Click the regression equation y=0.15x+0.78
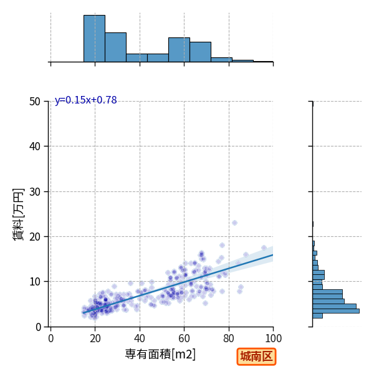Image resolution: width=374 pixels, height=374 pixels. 86,100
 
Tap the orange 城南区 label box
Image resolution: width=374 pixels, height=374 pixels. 256,357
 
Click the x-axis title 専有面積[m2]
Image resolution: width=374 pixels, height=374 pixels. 160,354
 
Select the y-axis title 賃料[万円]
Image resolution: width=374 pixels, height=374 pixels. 19,214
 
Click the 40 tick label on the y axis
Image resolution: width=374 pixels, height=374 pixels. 35,146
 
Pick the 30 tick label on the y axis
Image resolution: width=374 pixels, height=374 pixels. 35,192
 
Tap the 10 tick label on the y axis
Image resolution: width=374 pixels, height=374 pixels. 35,282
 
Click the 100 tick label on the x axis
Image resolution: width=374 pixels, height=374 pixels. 274,338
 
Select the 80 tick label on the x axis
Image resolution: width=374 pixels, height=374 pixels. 229,338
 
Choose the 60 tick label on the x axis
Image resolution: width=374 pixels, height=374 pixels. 184,338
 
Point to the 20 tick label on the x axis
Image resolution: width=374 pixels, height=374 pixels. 95,338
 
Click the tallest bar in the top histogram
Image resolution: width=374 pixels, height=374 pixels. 95,39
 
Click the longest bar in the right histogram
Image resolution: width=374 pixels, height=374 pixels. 336,311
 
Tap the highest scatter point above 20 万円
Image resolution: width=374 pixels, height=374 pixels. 235,223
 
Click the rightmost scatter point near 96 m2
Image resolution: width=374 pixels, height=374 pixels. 264,248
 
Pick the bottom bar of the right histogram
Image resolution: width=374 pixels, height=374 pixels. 317,316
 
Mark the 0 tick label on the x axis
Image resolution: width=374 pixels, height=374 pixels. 51,338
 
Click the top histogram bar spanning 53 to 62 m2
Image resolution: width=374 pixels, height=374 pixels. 179,50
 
